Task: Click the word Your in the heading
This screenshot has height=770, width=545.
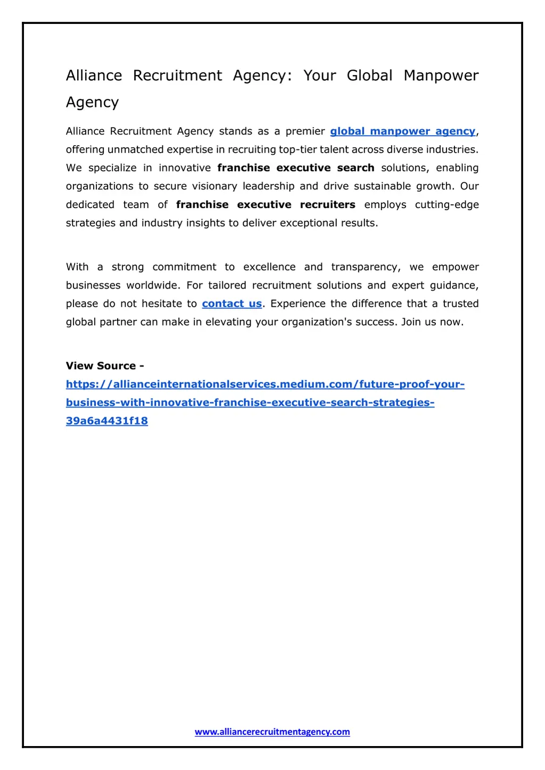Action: tap(319, 76)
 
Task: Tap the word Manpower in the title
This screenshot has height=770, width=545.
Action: tap(441, 76)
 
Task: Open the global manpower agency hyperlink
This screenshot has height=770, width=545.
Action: tap(402, 131)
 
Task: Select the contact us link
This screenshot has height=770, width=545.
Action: tap(232, 304)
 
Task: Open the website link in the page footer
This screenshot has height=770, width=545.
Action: tap(272, 732)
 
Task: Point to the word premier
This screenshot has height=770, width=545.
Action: tap(305, 131)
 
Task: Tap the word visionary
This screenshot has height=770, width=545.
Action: tap(214, 186)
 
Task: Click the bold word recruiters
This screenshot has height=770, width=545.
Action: tap(327, 205)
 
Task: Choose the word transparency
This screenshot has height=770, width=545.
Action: tap(366, 267)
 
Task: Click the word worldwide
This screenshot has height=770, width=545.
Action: tap(152, 286)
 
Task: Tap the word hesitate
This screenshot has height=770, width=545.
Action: tap(161, 304)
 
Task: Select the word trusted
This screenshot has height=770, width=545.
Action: tap(460, 304)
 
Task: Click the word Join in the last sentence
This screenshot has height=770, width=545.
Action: tap(410, 322)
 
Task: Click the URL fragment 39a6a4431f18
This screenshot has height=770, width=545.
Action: tap(107, 421)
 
